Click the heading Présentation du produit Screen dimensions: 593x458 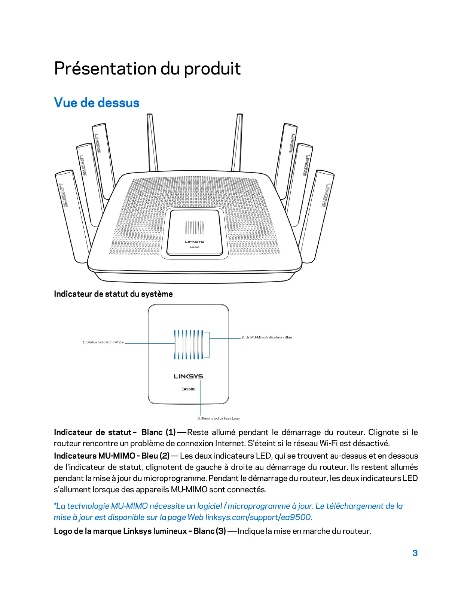click(147, 69)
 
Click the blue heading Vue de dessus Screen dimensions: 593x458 click(97, 103)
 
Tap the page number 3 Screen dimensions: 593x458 click(415, 553)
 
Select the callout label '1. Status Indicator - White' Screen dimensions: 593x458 click(103, 342)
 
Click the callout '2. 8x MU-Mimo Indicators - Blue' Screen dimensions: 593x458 click(266, 337)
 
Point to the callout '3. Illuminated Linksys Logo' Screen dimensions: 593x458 click(219, 418)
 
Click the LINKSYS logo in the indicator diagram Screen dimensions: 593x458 click(188, 376)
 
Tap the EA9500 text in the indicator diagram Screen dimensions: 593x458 click(188, 389)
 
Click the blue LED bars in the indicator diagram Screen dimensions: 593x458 click(189, 344)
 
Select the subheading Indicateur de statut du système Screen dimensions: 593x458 click(113, 294)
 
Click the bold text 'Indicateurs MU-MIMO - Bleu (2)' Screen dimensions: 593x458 click(112, 456)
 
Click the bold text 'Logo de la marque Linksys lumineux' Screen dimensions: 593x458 click(120, 531)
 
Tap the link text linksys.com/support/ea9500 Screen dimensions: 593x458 click(259, 517)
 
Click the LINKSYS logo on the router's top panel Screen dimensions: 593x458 click(194, 241)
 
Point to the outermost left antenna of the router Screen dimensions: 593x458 click(71, 213)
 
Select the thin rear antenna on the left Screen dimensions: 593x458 click(152, 142)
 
